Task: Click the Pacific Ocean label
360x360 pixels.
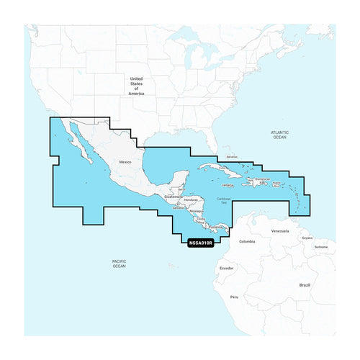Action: (119, 264)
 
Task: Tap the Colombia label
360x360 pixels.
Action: (247, 241)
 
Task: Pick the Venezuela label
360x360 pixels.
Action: (280, 230)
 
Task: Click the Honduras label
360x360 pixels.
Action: (191, 199)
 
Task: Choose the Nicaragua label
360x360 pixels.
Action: (188, 213)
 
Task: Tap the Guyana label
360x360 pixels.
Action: (307, 237)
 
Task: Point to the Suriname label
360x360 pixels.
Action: (321, 246)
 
